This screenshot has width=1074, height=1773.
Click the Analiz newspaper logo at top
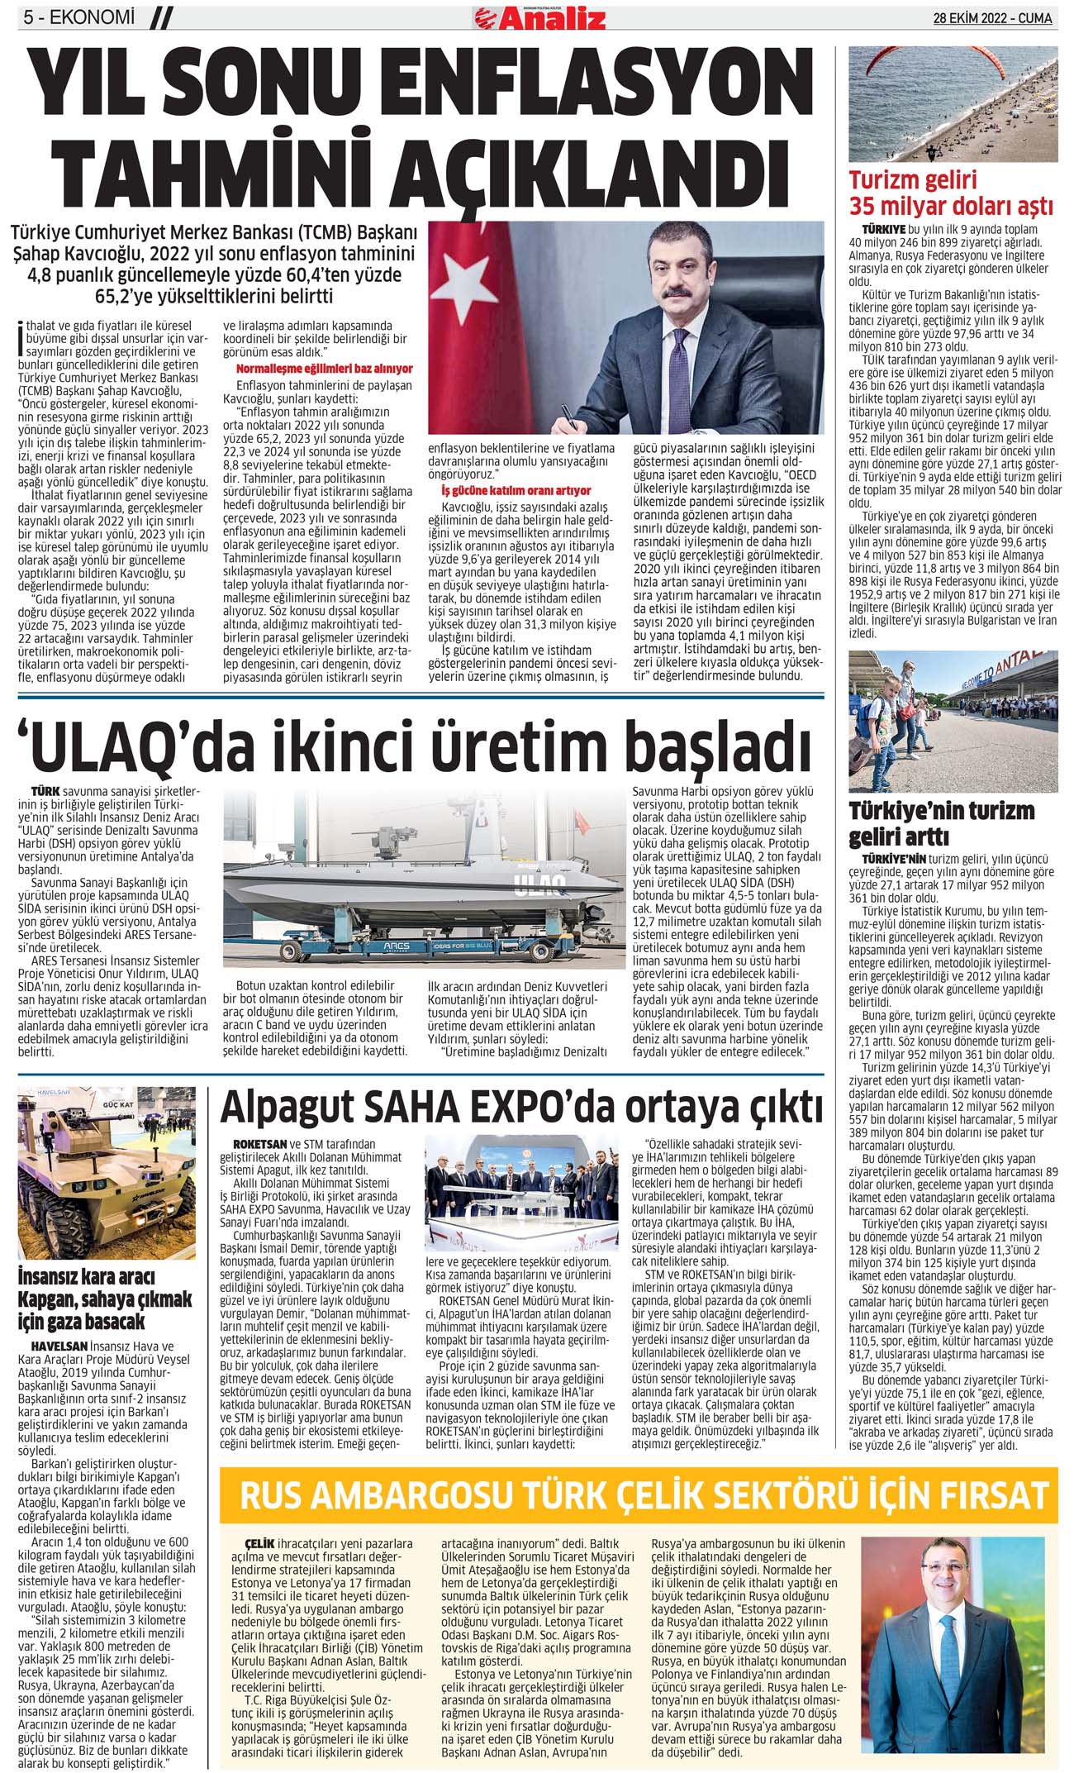(540, 17)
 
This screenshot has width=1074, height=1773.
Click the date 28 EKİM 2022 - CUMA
(992, 18)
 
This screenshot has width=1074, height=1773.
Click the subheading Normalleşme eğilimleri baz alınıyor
(325, 369)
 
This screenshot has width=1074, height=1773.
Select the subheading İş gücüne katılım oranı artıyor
(516, 490)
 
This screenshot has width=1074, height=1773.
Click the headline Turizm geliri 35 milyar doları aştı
(951, 193)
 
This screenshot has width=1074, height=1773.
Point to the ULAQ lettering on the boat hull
(539, 889)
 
